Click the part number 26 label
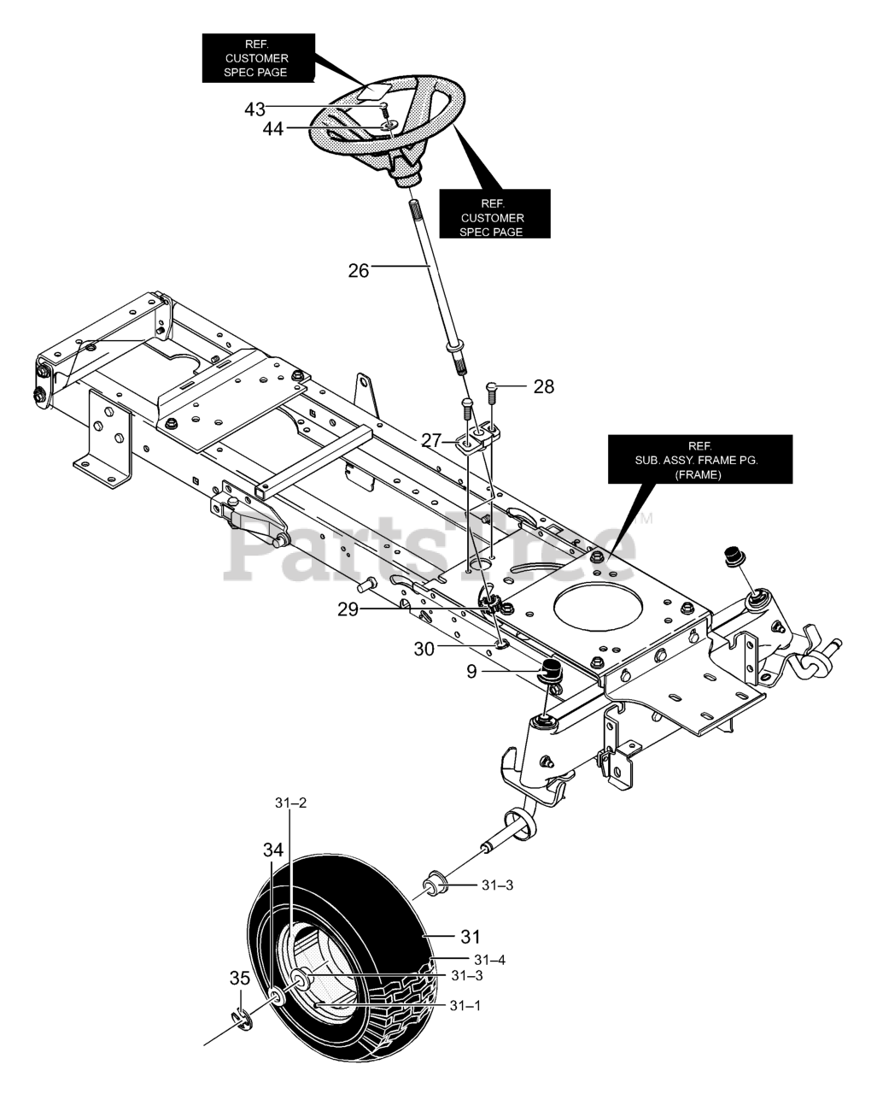tap(358, 271)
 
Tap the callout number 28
tap(544, 387)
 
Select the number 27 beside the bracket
tap(431, 440)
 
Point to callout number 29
tap(348, 609)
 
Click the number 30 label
tap(424, 650)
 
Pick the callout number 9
tap(471, 672)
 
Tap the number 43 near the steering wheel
tap(255, 109)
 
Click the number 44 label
tap(273, 129)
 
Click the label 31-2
tap(291, 803)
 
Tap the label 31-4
tap(490, 960)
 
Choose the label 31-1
tap(465, 1006)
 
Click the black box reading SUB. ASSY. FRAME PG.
tap(700, 459)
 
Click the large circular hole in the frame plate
tap(599, 607)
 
